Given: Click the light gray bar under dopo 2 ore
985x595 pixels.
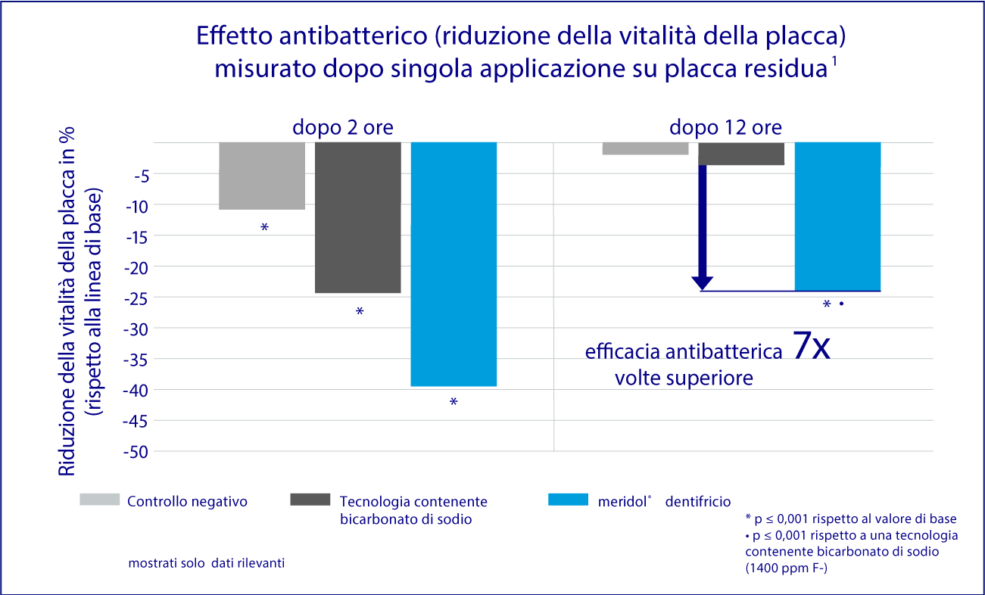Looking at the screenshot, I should click(262, 176).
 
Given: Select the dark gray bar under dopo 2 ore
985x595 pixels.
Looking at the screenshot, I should click(357, 217).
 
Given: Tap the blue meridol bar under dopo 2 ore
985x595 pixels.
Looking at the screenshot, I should click(454, 263).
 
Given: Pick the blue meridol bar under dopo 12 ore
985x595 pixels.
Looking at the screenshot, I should click(837, 217).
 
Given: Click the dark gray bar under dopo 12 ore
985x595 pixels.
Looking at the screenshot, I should click(741, 154).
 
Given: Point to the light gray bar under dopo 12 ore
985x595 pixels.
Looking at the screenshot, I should click(645, 148).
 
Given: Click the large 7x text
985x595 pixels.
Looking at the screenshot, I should click(812, 346).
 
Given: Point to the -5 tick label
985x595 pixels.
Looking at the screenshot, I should click(141, 174).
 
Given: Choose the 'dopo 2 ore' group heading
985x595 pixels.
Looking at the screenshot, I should click(343, 126).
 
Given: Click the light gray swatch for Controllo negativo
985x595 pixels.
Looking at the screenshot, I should click(100, 500).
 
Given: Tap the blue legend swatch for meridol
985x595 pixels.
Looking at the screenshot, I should click(567, 500).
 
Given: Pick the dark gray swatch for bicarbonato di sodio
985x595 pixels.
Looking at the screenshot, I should click(310, 500).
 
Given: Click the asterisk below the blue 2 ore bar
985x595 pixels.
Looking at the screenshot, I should click(454, 402).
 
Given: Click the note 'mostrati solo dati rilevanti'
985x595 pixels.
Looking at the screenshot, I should click(207, 563).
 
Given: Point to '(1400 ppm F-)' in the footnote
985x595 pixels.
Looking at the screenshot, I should click(787, 568).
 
